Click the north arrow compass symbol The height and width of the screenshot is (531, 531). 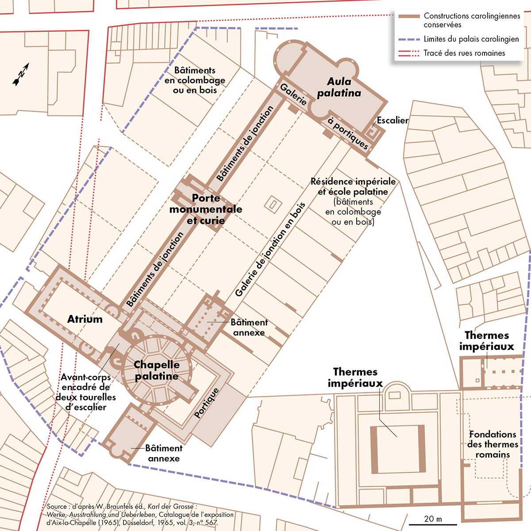[x=21, y=74]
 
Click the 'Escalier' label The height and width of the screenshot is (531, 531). [x=392, y=120]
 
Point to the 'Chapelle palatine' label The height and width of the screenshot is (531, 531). [x=157, y=370]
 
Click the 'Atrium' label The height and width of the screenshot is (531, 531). [x=85, y=319]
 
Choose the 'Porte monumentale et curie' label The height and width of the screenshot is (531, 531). [x=206, y=209]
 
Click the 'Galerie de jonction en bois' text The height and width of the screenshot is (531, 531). [x=270, y=249]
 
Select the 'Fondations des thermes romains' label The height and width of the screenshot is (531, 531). [x=493, y=444]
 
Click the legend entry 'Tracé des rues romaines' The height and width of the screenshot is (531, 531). [x=464, y=53]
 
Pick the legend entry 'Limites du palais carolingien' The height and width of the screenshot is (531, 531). [x=471, y=39]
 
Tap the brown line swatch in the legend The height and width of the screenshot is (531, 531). [x=408, y=16]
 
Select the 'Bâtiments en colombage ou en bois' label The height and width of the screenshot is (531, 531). [x=195, y=80]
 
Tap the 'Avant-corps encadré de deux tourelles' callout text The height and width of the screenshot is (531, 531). [x=85, y=392]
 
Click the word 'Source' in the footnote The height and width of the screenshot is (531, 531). [x=56, y=507]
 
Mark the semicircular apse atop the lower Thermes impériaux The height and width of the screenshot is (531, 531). [x=396, y=390]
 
